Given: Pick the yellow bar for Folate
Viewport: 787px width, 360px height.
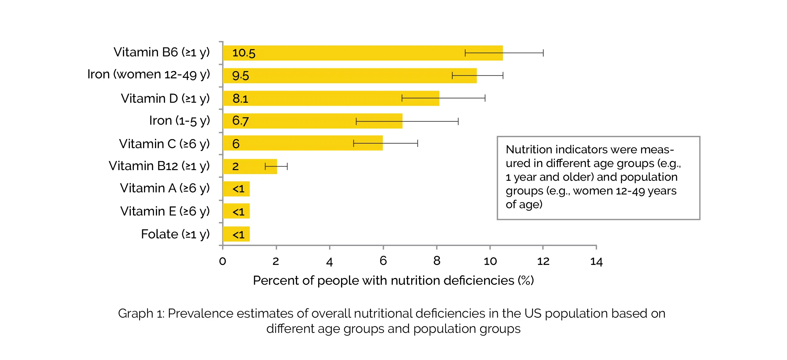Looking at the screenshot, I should [236, 234].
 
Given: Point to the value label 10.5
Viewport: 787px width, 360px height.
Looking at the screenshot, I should [243, 53].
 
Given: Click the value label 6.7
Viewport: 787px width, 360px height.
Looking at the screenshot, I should [240, 121].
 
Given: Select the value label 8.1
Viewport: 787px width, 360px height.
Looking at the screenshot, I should [240, 98].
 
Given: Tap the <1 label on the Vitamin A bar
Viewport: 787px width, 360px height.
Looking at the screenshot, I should [239, 189].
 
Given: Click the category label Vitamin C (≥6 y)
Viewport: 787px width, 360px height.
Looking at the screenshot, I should [164, 144].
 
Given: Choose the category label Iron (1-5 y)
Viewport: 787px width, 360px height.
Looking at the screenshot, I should [179, 121].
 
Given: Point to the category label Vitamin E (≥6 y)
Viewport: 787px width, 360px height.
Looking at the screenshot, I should [165, 211].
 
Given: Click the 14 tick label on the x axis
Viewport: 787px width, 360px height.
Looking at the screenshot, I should [596, 261].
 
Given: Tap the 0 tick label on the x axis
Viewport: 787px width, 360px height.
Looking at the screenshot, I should [222, 261].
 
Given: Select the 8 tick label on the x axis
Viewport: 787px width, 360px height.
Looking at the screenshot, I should [437, 261].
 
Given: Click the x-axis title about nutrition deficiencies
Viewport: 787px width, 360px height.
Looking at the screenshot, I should [393, 280].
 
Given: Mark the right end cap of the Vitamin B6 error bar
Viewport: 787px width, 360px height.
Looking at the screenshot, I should [543, 53].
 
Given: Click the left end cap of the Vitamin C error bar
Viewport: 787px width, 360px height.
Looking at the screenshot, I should [354, 143].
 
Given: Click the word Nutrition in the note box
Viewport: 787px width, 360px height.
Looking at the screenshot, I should [529, 150].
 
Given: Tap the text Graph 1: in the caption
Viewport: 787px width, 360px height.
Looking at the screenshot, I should [141, 314].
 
